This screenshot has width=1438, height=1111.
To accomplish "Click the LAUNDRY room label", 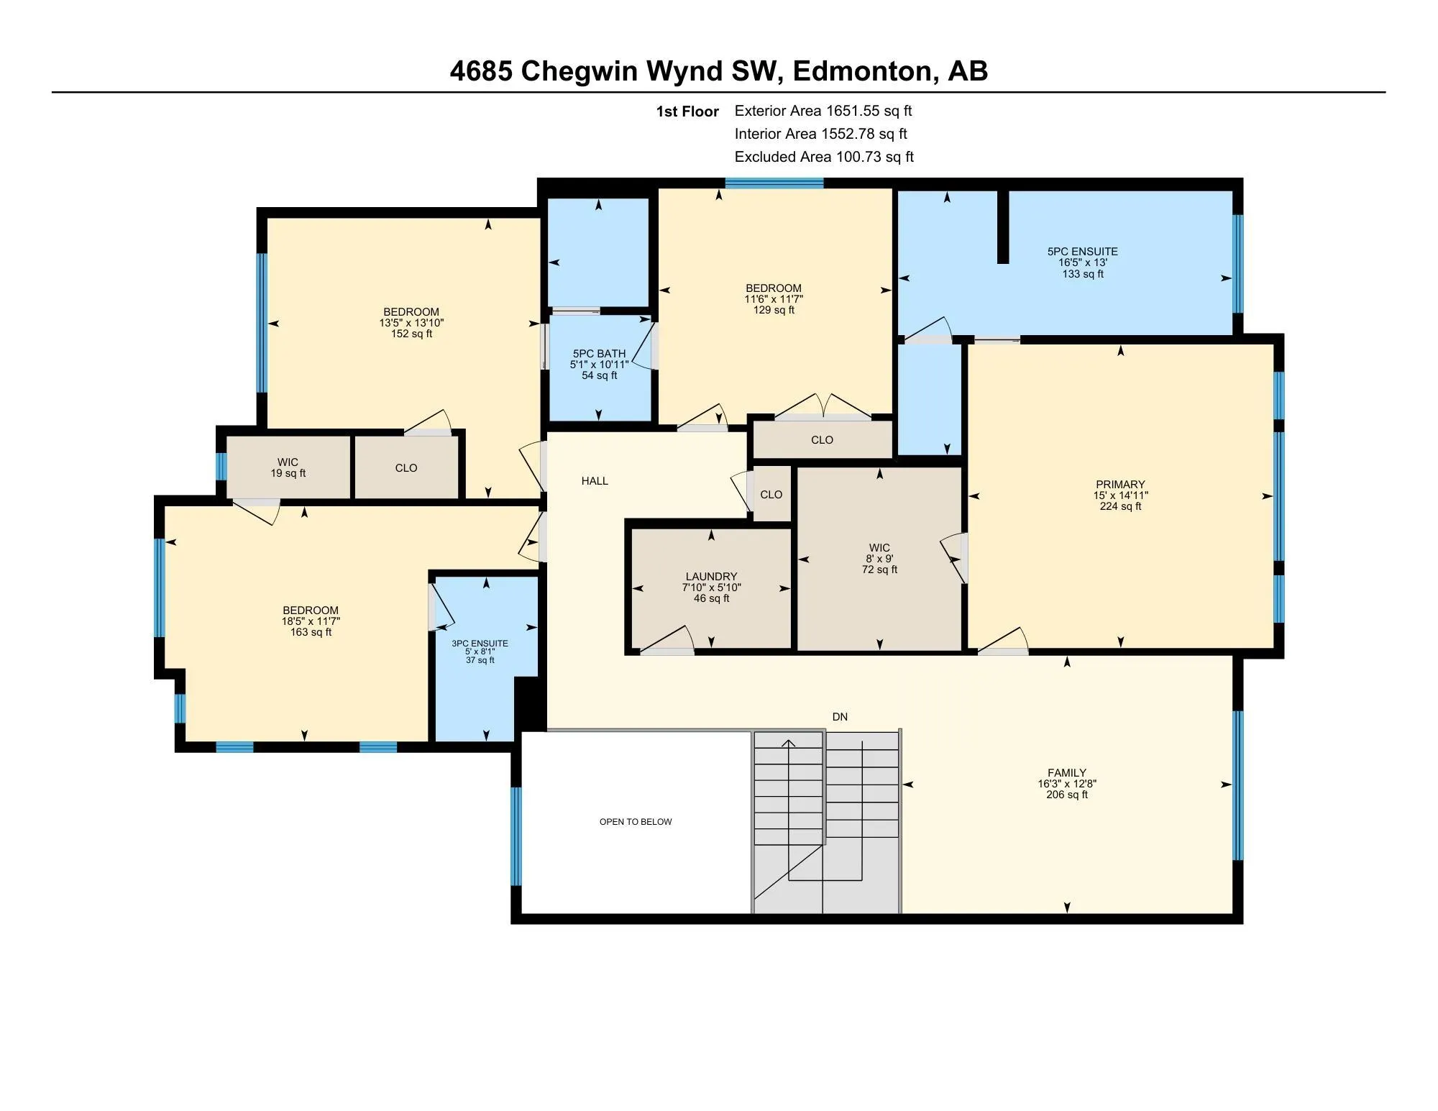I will (711, 577).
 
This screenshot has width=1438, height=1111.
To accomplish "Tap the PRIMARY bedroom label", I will (1120, 485).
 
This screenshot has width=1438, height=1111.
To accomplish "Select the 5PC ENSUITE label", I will (1082, 252).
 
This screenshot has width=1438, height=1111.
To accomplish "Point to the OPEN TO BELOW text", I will (636, 822).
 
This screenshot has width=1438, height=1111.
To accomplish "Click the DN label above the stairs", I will (840, 717).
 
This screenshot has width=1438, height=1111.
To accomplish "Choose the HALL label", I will (595, 481).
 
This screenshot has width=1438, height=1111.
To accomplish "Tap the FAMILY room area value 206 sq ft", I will (1066, 795).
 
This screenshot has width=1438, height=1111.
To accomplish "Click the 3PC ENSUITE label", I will (480, 644).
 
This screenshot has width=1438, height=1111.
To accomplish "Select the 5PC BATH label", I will (599, 354).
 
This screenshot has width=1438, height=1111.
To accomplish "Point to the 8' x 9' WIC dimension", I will (879, 559).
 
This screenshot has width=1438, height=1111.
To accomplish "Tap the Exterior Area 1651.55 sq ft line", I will (823, 111).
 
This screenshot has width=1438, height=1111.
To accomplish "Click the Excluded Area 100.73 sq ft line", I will (823, 157).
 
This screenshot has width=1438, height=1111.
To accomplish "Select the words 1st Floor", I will (687, 111).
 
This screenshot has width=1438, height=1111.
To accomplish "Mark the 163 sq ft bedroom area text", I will (311, 632).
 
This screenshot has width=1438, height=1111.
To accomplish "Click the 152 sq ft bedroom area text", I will (411, 334).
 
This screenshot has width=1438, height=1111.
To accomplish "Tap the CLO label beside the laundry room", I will (771, 495).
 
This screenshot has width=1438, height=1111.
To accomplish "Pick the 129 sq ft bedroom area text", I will (774, 310).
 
